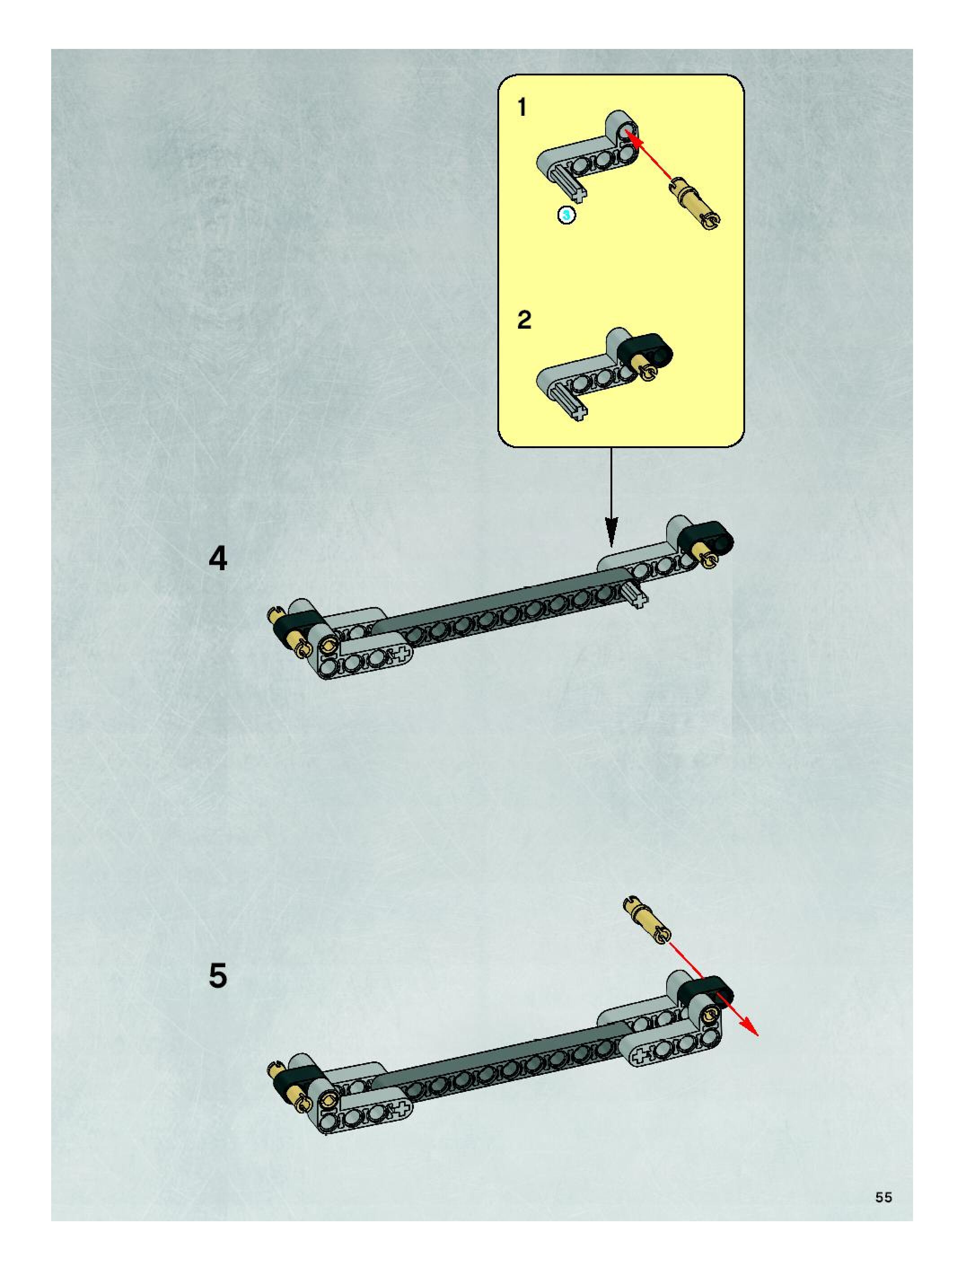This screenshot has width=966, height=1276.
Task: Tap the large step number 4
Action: click(x=218, y=559)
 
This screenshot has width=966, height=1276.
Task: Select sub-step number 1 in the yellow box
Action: click(x=523, y=108)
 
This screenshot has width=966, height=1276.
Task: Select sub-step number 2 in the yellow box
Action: click(x=524, y=320)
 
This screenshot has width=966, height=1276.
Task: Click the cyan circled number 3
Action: click(x=566, y=215)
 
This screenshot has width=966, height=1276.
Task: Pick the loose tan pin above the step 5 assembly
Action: click(x=647, y=920)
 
